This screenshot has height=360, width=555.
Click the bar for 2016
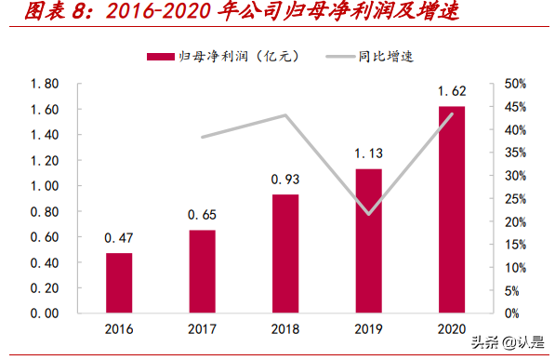click(119, 283)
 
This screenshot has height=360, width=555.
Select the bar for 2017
click(202, 272)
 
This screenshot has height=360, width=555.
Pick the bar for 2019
click(368, 241)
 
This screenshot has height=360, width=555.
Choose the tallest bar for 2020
click(452, 209)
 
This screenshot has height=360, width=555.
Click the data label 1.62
click(452, 91)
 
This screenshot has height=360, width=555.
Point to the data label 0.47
click(119, 238)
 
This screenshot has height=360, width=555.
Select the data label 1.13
click(368, 153)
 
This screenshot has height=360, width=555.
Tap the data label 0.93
click(285, 179)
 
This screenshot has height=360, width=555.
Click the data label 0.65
click(202, 215)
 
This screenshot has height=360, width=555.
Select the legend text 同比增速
click(386, 58)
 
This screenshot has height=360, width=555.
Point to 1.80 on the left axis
click(45, 84)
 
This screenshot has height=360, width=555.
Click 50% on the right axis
click(518, 84)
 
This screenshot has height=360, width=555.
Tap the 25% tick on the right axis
click(518, 198)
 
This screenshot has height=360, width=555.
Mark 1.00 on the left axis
click(45, 186)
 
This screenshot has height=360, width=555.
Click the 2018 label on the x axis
click(285, 328)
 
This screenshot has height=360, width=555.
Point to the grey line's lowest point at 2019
click(368, 214)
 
